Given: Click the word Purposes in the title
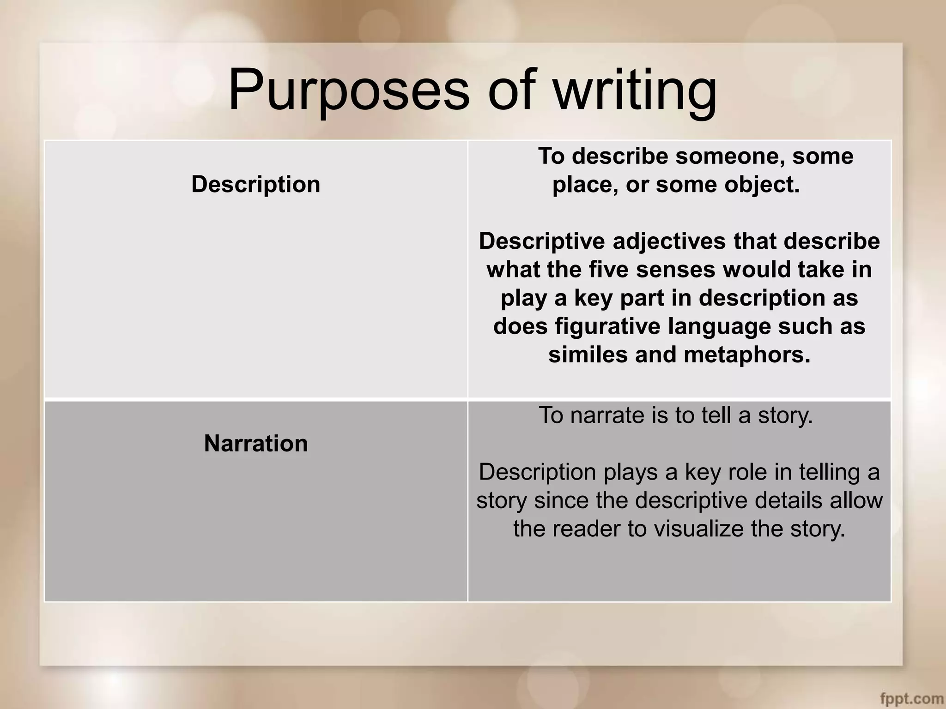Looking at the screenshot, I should pos(349,90).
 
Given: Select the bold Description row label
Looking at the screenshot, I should pos(255,184).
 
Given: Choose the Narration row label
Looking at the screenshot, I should pos(255,443).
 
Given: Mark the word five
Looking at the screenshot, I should pos(608,270).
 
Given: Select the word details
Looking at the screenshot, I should pos(791,500).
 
